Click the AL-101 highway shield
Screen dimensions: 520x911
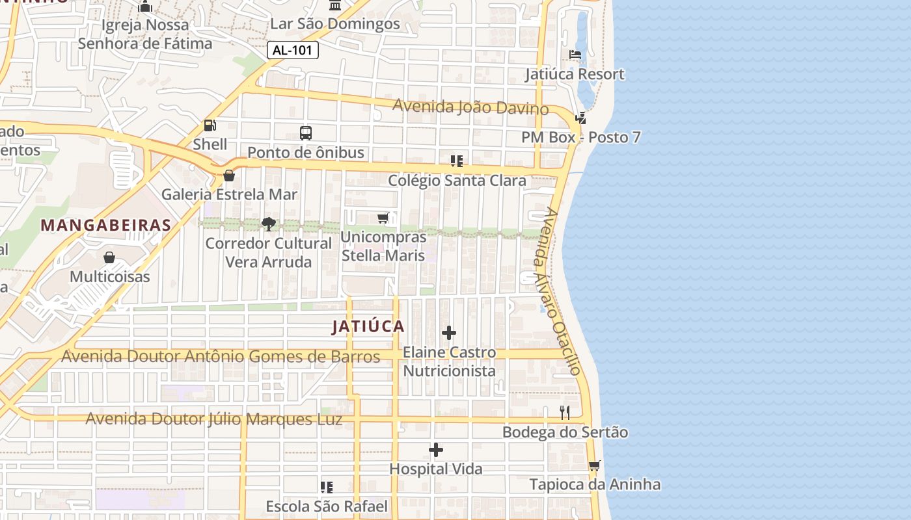(x=292, y=50)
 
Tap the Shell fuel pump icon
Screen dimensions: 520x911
(x=210, y=125)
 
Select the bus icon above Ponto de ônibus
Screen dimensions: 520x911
(x=306, y=133)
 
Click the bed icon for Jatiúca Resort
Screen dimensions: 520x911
(x=575, y=55)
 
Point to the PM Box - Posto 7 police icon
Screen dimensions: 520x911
(x=581, y=118)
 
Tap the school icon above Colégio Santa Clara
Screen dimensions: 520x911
(x=456, y=161)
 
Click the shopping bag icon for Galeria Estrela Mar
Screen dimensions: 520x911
(x=229, y=175)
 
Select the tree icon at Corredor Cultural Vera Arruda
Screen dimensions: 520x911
(x=268, y=224)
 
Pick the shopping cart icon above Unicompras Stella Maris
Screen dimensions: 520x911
(x=383, y=218)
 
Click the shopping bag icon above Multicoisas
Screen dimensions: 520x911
(x=109, y=257)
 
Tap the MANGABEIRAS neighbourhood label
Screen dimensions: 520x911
(x=106, y=226)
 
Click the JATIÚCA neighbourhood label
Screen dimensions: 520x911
(x=368, y=326)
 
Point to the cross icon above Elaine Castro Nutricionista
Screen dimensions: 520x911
(x=449, y=333)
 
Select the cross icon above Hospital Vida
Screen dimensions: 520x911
(x=436, y=450)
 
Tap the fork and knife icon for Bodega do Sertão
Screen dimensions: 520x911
(x=565, y=413)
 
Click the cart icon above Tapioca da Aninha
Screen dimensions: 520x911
(x=594, y=465)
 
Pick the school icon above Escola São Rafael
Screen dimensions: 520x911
(x=327, y=487)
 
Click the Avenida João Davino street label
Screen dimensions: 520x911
(x=470, y=107)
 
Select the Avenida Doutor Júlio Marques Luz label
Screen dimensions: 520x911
(x=214, y=419)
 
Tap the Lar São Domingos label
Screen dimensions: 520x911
(x=335, y=24)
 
